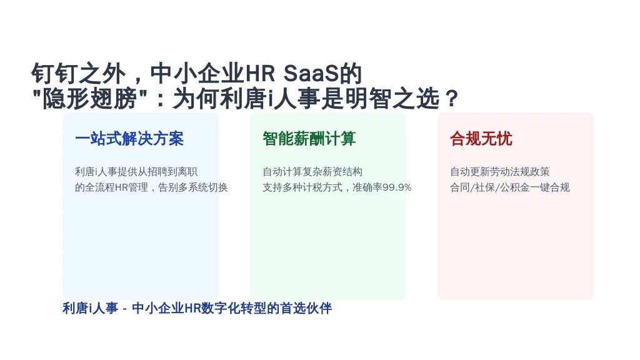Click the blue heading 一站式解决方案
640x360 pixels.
[x=129, y=139]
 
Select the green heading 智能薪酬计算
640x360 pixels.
[x=309, y=139]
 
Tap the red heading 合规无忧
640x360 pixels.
[x=481, y=139]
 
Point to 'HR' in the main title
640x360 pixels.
[x=259, y=74]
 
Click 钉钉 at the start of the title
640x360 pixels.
[x=55, y=74]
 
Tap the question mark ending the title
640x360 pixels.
[x=452, y=98]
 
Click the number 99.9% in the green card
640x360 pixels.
[x=397, y=187]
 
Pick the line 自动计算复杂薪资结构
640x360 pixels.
[x=312, y=172]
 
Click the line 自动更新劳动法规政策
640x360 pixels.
[x=500, y=172]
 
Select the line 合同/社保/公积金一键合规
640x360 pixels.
[x=510, y=187]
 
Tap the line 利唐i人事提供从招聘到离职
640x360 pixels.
[x=136, y=172]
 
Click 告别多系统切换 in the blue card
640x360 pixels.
[x=192, y=187]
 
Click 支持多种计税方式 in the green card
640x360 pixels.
[x=302, y=187]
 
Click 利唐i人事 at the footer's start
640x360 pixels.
[x=90, y=308]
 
